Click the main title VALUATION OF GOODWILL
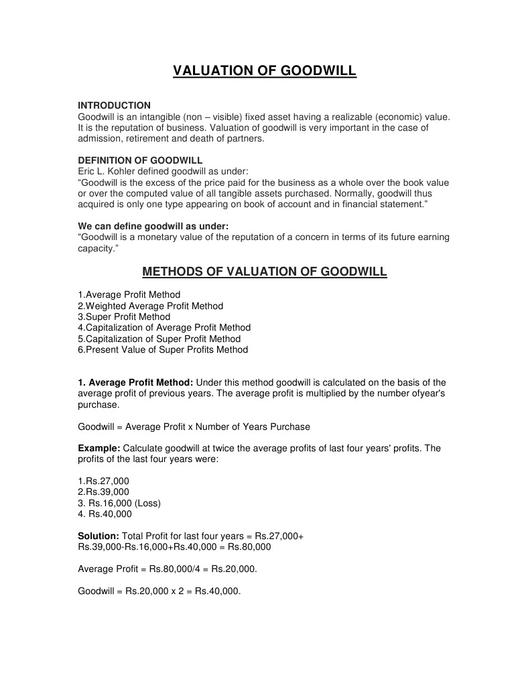pos(265,71)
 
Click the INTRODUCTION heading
pos(115,105)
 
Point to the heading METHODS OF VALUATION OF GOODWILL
pos(265,272)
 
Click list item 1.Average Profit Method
pos(129,294)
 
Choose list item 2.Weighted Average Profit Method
pos(151,306)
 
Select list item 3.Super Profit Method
pos(124,317)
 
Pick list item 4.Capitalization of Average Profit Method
pos(164,327)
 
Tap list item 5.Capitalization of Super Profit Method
pos(159,339)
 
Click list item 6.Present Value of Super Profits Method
pos(163,349)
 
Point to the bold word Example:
pos(99,448)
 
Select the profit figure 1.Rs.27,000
pos(104,481)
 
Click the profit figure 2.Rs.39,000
pos(104,492)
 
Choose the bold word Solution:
pos(98,536)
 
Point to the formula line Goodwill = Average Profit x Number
pos(194,426)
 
